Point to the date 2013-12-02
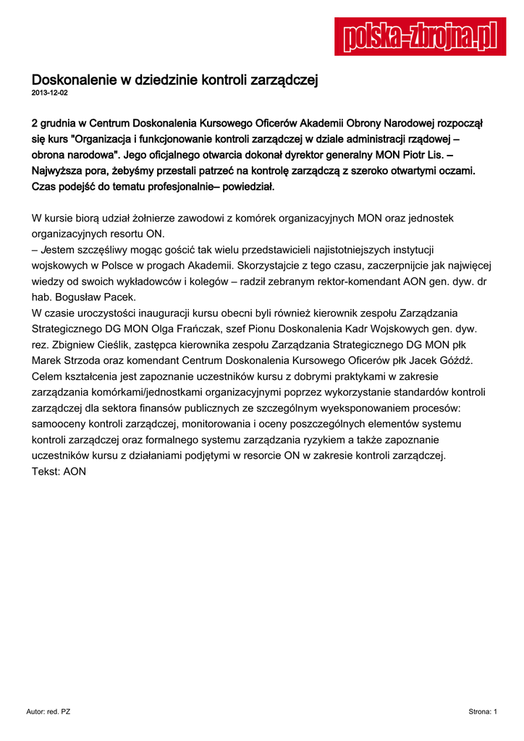[49, 93]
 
